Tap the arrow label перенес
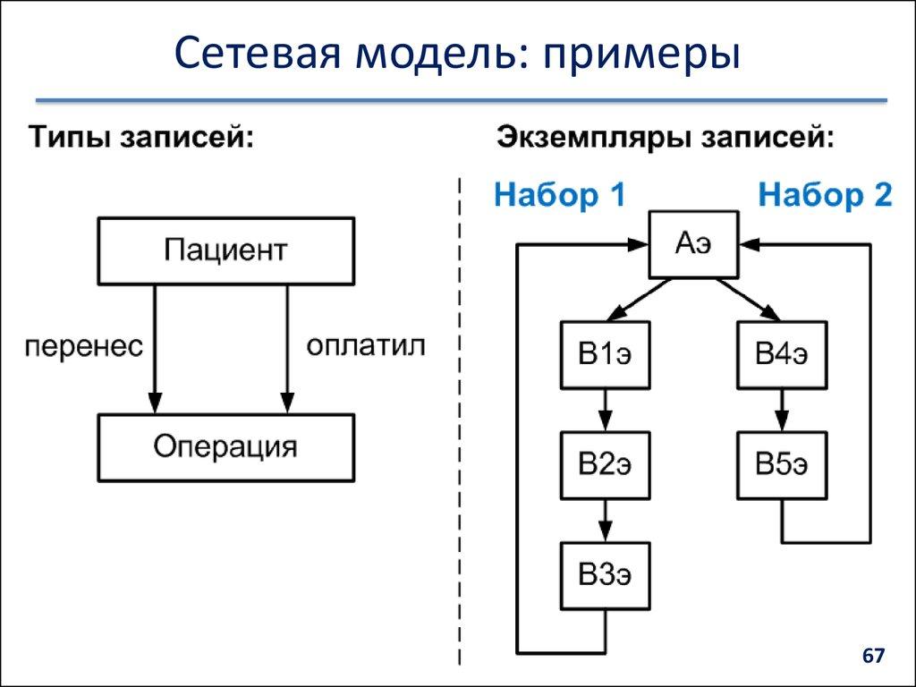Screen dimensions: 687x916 click(83, 347)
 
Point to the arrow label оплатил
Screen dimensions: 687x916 click(366, 346)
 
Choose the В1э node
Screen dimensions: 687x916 click(606, 355)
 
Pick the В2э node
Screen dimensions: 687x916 click(606, 465)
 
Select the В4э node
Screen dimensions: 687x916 click(782, 355)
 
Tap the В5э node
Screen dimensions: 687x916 click(782, 465)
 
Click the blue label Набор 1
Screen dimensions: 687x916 click(560, 195)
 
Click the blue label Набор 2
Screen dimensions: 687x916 click(825, 195)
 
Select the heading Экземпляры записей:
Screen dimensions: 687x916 click(666, 140)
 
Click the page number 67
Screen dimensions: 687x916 click(872, 657)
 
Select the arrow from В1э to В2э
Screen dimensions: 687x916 click(606, 410)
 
